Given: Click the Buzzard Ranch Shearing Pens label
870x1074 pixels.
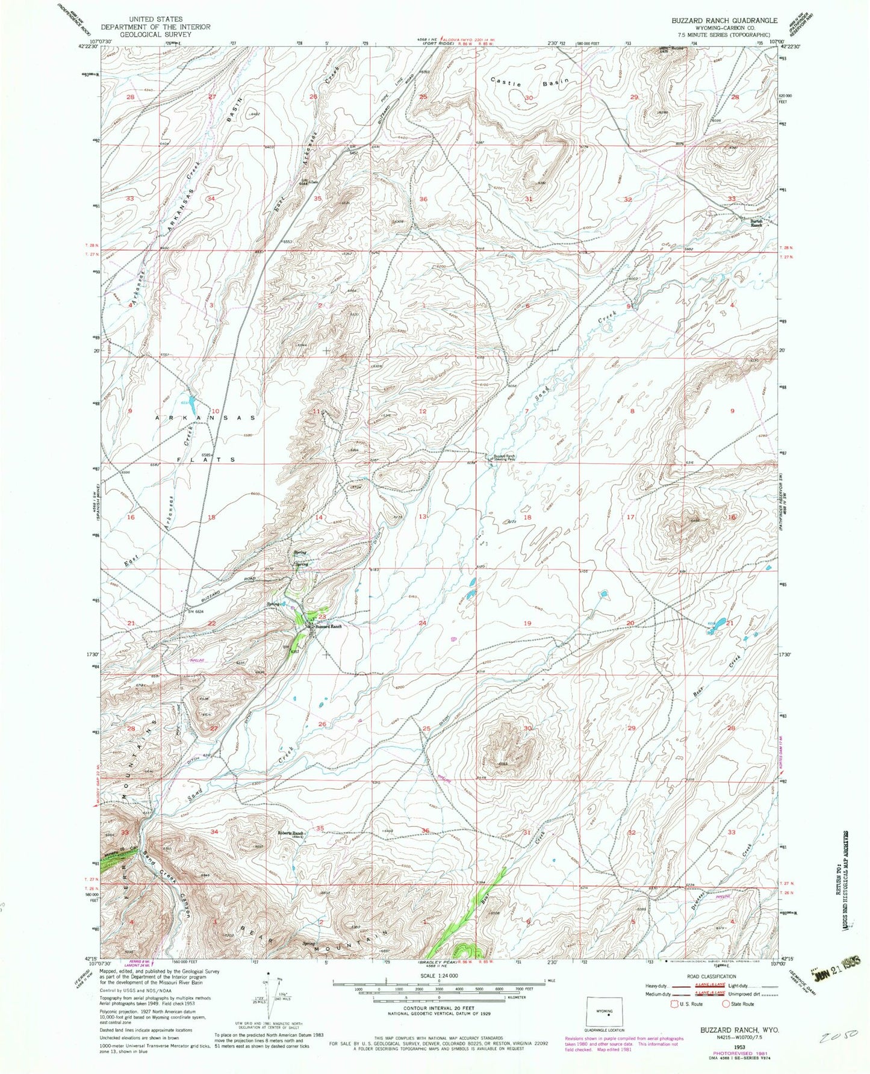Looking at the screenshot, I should [505, 458].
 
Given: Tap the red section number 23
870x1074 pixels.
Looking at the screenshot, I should [322, 616].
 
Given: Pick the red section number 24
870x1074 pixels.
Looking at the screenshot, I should [423, 623].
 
